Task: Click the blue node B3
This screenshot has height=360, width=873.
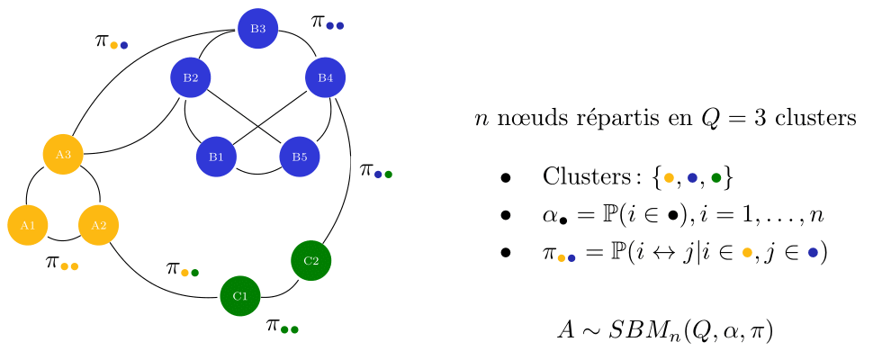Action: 258,29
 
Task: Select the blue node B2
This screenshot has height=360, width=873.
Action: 191,78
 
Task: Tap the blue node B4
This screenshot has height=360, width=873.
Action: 326,78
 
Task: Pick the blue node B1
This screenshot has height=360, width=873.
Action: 216,157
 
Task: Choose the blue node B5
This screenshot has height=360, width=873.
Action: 300,157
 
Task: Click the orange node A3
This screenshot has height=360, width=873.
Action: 63,154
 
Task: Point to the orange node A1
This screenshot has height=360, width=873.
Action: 28,225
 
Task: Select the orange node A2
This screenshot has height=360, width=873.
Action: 99,225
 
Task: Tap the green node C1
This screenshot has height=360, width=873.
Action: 240,296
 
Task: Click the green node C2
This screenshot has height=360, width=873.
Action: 311,261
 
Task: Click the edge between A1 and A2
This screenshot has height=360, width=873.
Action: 63,240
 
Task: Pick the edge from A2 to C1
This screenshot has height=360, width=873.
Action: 153,283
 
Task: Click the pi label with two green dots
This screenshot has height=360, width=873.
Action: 282,326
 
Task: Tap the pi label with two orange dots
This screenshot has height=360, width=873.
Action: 62,263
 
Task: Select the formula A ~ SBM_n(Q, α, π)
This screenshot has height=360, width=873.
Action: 665,330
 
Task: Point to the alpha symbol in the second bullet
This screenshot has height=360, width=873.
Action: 551,216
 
